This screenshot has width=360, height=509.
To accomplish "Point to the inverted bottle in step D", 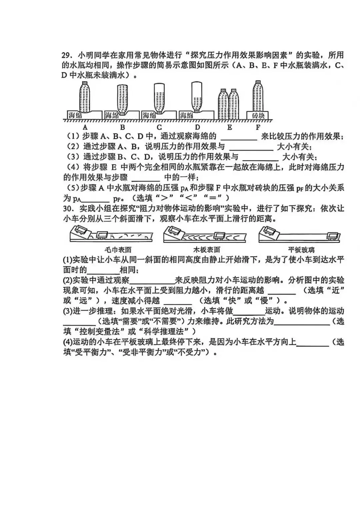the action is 197,97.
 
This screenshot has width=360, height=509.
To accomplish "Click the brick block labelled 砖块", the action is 258,115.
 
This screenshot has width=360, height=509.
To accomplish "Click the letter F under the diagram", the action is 258,127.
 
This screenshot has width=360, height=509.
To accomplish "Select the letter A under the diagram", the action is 85,127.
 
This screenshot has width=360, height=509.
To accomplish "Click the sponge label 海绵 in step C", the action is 149,116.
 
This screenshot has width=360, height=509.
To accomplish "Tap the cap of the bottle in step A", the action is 85,82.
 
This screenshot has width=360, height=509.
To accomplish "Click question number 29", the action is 67,55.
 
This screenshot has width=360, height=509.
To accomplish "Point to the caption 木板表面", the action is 207,250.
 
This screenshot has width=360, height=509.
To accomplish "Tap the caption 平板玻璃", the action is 301,250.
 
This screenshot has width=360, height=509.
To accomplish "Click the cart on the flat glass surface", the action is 332,236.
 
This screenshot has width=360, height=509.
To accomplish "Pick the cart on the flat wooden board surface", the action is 218,236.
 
